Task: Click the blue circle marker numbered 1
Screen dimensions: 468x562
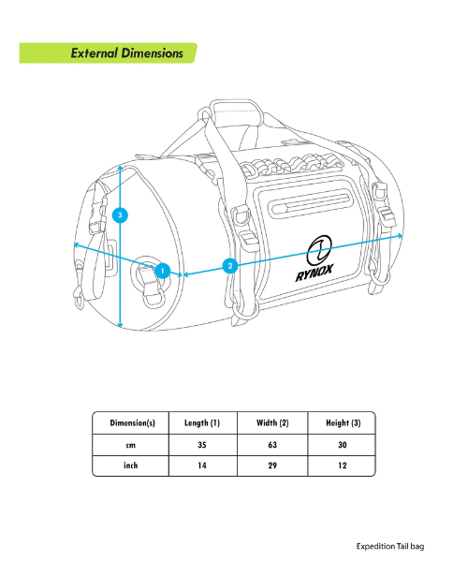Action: click(163, 271)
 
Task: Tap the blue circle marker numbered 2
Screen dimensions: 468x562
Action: click(230, 266)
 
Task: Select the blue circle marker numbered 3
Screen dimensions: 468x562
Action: click(120, 215)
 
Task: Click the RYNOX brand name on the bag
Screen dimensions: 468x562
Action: click(314, 273)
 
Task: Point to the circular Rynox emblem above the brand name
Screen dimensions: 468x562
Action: click(319, 250)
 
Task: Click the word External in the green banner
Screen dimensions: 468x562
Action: click(95, 53)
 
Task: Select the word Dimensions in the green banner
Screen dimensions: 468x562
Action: click(153, 53)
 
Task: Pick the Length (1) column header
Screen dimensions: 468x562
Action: click(202, 423)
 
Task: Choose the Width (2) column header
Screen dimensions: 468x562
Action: click(272, 423)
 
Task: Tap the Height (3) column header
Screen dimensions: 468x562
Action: click(343, 423)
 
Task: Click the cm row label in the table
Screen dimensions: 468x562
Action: click(131, 446)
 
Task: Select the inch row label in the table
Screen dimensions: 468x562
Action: click(131, 466)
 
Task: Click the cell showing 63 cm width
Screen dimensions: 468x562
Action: click(272, 445)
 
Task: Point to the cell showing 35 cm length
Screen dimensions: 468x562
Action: click(202, 445)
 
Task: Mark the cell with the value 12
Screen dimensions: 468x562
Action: click(343, 466)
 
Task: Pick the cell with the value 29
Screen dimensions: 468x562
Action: click(272, 466)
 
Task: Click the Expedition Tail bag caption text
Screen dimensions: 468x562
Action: click(390, 546)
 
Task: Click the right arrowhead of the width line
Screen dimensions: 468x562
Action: click(401, 235)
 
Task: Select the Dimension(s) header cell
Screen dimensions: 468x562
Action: click(133, 423)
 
